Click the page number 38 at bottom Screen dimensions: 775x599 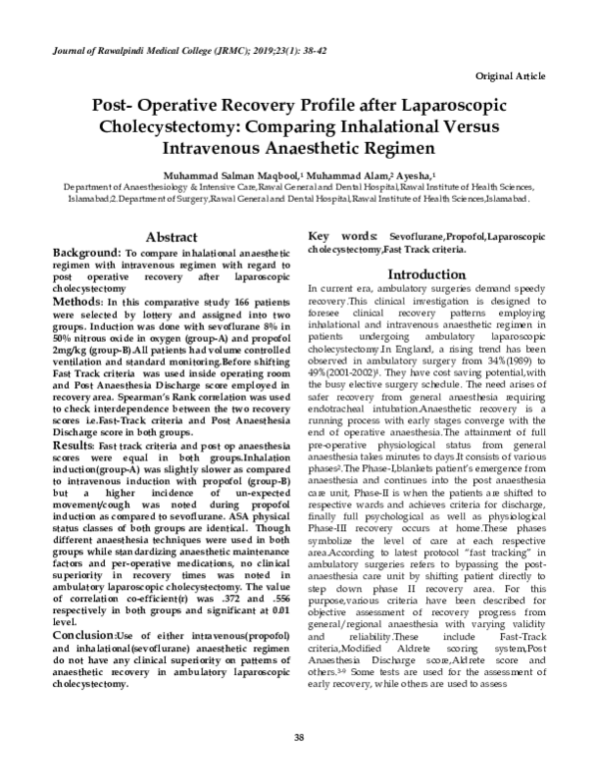pyautogui.click(x=299, y=738)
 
